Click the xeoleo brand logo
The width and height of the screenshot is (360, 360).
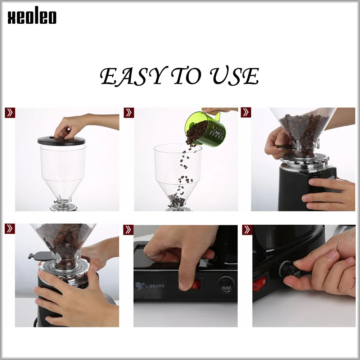[32, 17]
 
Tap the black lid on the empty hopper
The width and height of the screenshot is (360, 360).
[61, 141]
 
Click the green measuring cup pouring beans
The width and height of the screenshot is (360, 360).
[205, 128]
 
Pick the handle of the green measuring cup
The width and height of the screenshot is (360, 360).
[217, 116]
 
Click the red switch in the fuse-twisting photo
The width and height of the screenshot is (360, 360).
[259, 284]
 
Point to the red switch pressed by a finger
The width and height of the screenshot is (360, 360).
[195, 285]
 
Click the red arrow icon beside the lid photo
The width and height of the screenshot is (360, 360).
[10, 113]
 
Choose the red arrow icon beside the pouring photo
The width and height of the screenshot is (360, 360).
[129, 113]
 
